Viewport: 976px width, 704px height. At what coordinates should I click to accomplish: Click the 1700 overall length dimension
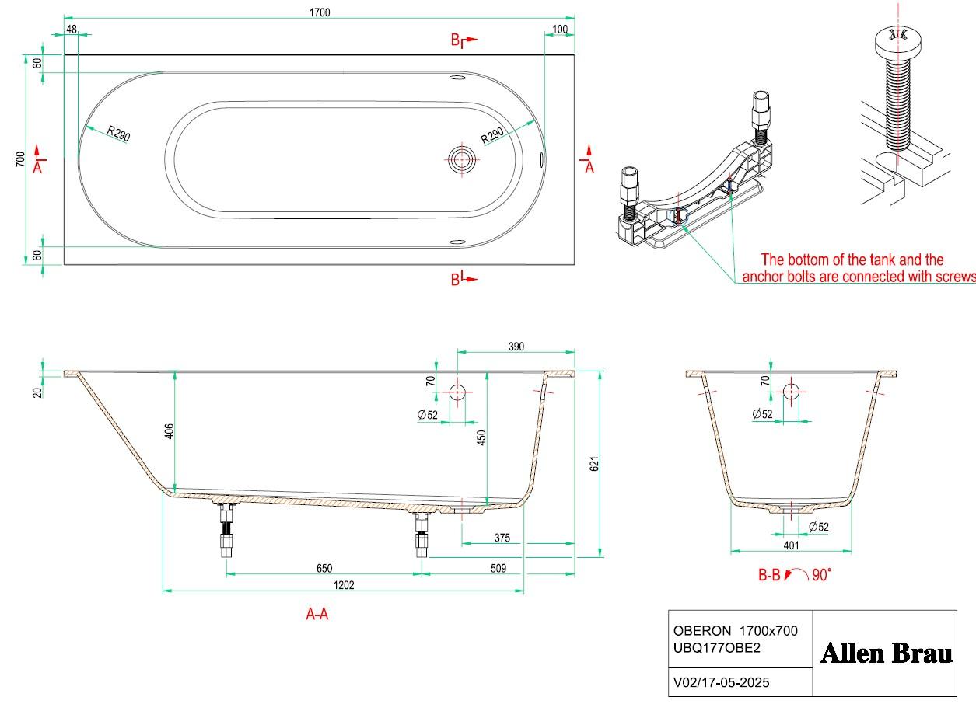pos(320,12)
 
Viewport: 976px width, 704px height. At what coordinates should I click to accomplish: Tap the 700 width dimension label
pos(20,159)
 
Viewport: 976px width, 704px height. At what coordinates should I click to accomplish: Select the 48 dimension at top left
pos(72,30)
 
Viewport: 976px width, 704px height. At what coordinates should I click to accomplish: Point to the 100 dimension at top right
pos(560,30)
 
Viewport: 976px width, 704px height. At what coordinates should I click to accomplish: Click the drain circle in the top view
pos(462,160)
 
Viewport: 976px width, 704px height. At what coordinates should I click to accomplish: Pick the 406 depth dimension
pos(169,431)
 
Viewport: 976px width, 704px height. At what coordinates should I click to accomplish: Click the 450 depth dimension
pos(481,438)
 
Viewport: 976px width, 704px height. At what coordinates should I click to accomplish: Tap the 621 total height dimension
pos(594,464)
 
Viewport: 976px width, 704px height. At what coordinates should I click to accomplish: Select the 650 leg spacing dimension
pos(324,568)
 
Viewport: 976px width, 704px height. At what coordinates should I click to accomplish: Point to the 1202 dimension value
pos(344,585)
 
